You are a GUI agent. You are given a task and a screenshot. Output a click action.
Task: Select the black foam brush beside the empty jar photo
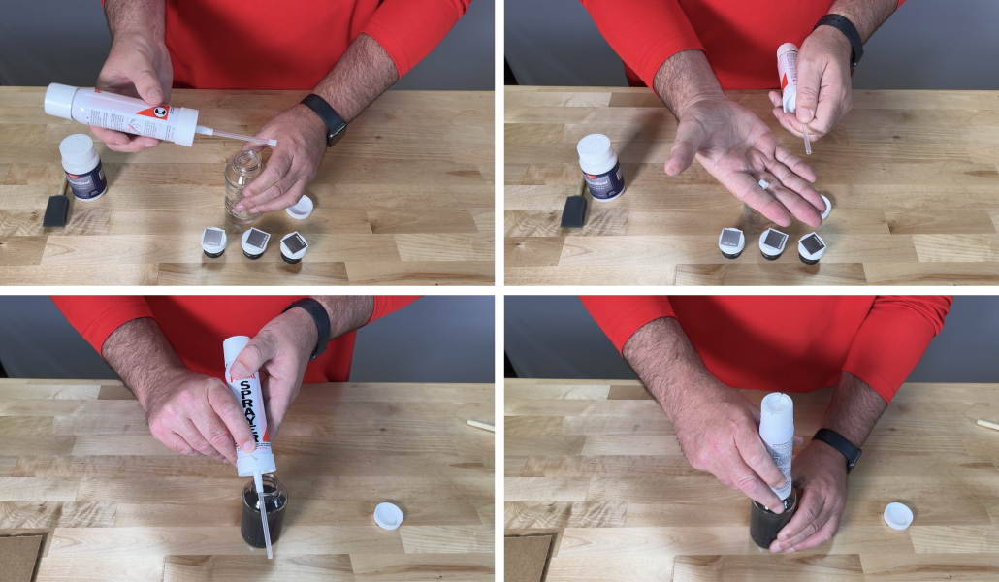pyautogui.click(x=56, y=210)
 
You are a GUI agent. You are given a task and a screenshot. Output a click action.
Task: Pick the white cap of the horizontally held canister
pyautogui.click(x=59, y=100)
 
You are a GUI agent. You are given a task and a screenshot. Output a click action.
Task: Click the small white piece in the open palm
pyautogui.click(x=764, y=183)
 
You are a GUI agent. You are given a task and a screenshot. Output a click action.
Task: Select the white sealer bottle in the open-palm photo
pyautogui.click(x=600, y=166)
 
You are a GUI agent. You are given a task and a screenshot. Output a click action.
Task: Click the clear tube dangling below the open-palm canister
pyautogui.click(x=806, y=137)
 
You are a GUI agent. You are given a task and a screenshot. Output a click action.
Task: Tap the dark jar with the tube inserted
pyautogui.click(x=263, y=511)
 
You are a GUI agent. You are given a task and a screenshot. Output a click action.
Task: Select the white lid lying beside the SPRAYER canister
pyautogui.click(x=388, y=516)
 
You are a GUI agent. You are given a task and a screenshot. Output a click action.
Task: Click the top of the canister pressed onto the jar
pyautogui.click(x=776, y=403)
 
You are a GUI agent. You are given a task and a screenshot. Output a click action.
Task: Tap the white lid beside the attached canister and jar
pyautogui.click(x=898, y=515)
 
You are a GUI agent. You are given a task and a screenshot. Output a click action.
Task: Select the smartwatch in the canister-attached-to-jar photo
pyautogui.click(x=837, y=448)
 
